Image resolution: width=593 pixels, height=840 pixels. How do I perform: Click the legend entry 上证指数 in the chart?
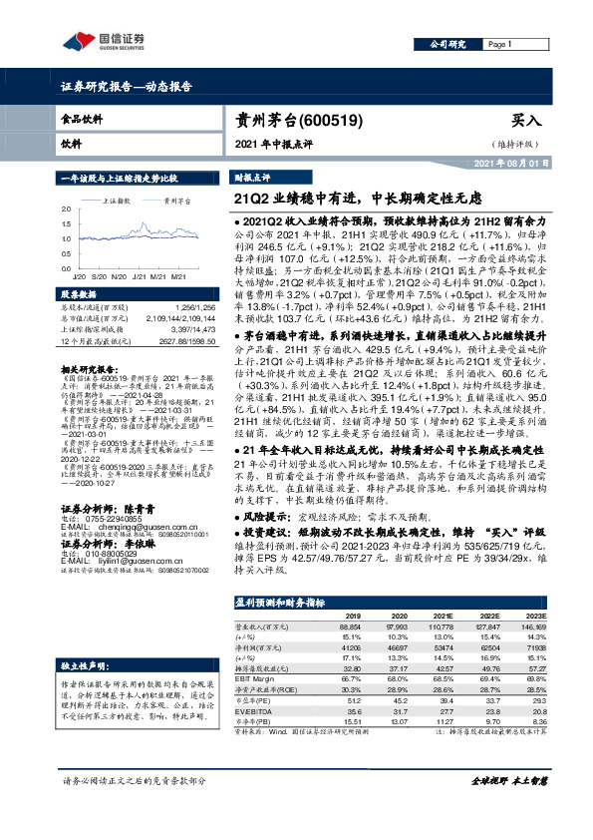pyautogui.click(x=122, y=201)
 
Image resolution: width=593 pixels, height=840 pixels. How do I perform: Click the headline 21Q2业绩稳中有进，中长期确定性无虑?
pyautogui.click(x=344, y=198)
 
